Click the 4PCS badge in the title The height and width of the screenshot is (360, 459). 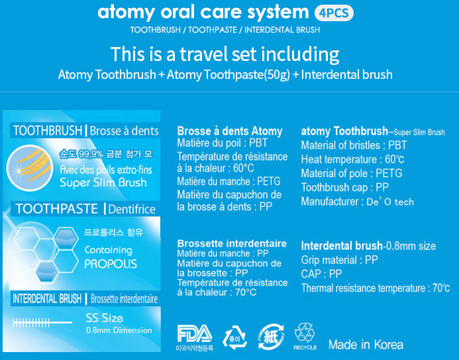(x=334, y=13)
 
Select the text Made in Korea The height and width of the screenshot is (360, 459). (x=366, y=345)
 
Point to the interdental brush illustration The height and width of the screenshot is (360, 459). (x=42, y=323)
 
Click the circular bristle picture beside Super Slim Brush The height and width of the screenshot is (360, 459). (x=30, y=168)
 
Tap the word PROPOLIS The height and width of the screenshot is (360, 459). (x=111, y=264)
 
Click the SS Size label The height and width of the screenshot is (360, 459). (x=105, y=318)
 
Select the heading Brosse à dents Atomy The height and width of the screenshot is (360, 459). (x=230, y=131)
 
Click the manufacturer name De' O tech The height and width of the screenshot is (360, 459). (x=390, y=202)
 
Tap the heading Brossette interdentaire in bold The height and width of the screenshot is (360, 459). (x=232, y=243)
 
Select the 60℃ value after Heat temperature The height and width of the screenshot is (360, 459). (x=395, y=159)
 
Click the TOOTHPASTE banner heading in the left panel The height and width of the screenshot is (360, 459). (x=57, y=209)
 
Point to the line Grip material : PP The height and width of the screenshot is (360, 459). (x=340, y=260)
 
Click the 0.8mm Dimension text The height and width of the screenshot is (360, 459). (x=119, y=330)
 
